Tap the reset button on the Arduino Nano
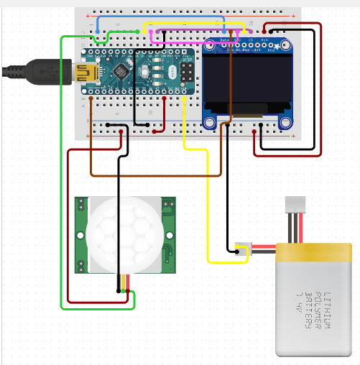154,72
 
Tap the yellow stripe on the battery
314,253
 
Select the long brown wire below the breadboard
154,175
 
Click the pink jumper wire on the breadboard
194,33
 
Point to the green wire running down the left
61,180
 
